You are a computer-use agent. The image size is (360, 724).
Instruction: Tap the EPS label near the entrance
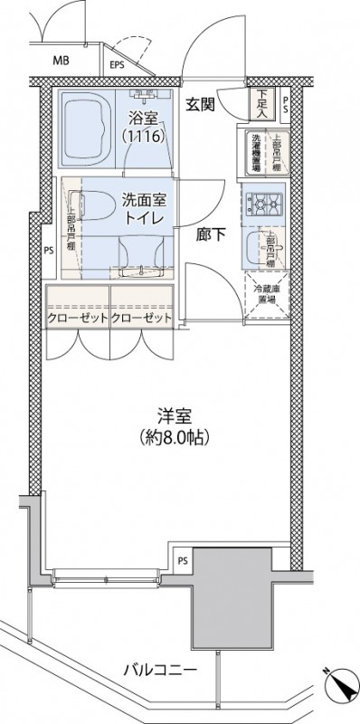point(117,65)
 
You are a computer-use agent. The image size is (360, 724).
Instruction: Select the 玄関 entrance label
point(200,103)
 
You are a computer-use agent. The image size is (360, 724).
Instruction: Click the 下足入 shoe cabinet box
point(261,105)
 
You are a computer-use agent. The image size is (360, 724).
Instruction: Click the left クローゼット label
point(77,319)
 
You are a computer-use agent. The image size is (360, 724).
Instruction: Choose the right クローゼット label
point(141,319)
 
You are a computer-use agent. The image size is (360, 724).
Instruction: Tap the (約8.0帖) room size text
point(176,438)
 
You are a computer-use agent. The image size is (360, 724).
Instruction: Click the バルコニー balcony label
point(160,671)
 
